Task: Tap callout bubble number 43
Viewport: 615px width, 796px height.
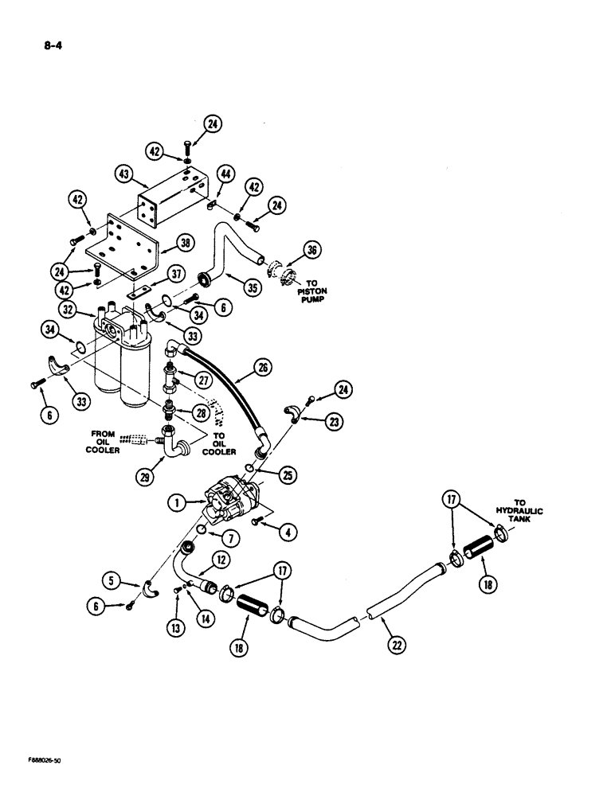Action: click(124, 173)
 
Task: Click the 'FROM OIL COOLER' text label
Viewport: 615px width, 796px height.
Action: click(103, 443)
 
